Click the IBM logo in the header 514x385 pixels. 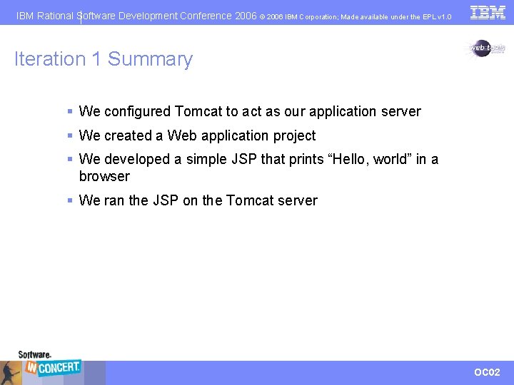[x=488, y=12]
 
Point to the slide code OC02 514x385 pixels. [x=488, y=372]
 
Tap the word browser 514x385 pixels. [x=104, y=177]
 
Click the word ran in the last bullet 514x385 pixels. [x=114, y=201]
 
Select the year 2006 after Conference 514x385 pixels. [x=246, y=16]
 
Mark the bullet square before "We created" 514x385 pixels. [x=70, y=135]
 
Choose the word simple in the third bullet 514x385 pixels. [x=206, y=160]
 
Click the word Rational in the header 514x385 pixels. [x=56, y=16]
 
